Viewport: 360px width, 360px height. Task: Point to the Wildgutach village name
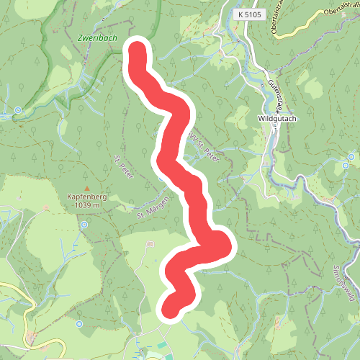277,119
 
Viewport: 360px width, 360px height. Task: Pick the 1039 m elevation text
87,205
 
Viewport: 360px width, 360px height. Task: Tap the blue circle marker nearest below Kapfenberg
84,225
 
